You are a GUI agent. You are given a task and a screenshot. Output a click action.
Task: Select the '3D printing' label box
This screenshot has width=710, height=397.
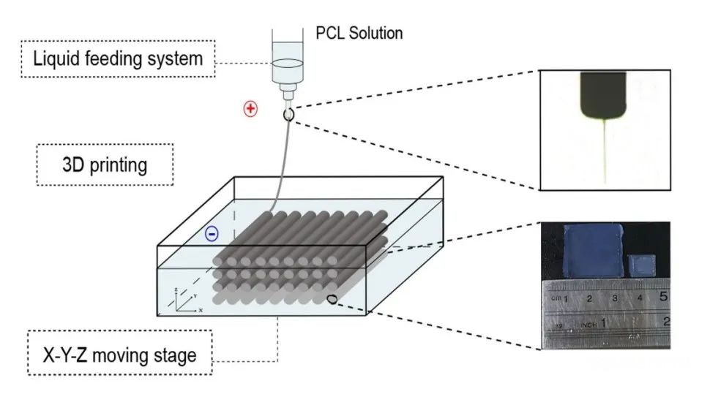(x=105, y=165)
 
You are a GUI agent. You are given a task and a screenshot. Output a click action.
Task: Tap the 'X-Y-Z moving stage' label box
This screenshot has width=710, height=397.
(x=119, y=355)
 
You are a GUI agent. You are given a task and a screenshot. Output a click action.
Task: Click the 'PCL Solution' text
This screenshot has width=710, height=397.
(x=359, y=34)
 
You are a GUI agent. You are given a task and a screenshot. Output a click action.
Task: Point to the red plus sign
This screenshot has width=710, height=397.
(x=250, y=109)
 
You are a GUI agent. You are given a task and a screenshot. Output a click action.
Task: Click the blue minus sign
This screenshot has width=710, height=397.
(x=212, y=234)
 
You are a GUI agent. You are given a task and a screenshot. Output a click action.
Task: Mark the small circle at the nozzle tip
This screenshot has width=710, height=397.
(x=288, y=114)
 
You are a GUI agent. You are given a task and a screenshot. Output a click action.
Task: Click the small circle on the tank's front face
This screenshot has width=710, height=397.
(x=332, y=298)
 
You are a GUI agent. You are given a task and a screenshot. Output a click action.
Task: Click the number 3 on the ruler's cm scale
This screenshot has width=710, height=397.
(x=615, y=298)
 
